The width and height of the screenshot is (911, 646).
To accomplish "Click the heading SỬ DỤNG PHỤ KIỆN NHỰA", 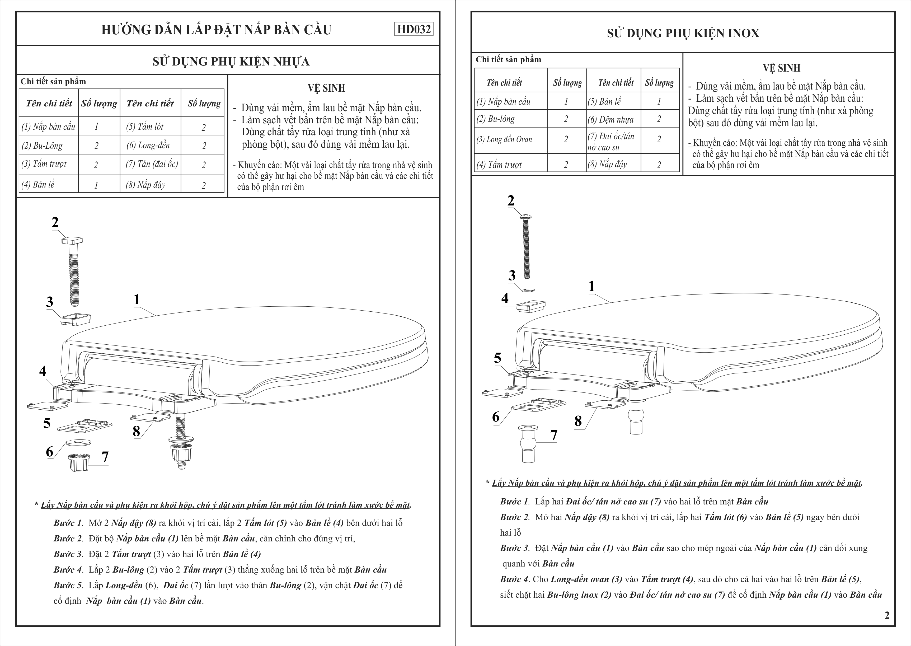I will (231, 62).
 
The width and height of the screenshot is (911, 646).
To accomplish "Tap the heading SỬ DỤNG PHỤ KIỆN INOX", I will (683, 33).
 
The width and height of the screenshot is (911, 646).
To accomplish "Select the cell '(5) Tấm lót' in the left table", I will (145, 127).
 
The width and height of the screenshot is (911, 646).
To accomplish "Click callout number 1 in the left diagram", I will (137, 299).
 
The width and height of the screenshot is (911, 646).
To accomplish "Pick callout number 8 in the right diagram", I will (578, 421).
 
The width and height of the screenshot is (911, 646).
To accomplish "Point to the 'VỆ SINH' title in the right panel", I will (781, 68).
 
